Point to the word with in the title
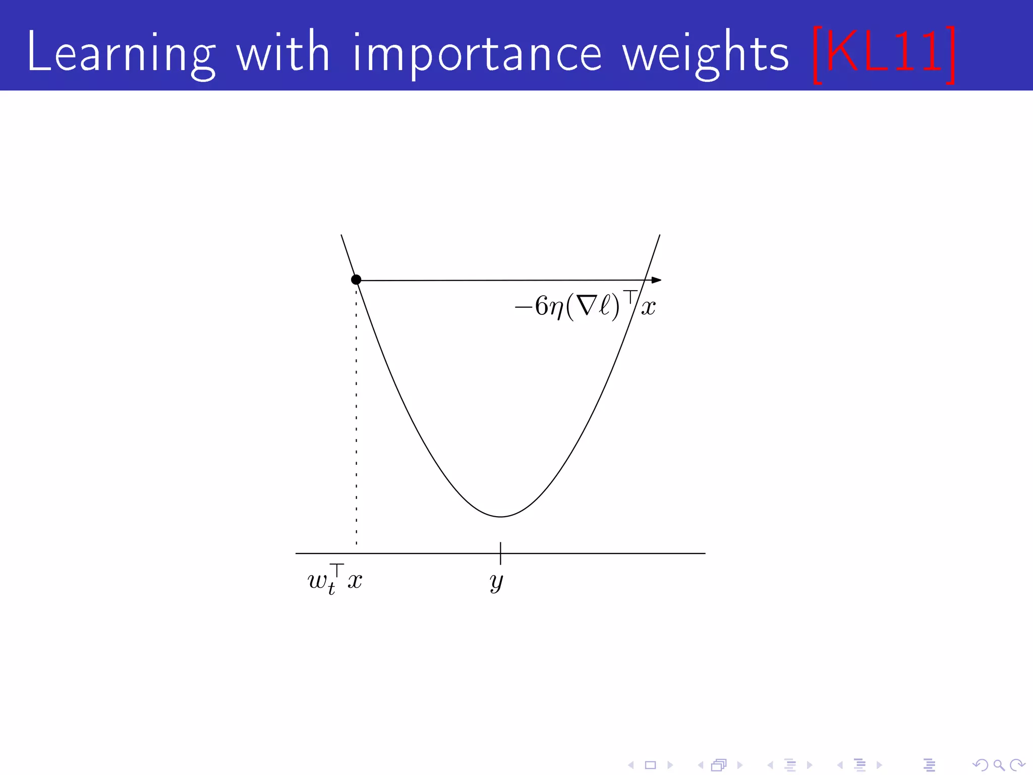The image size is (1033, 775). [283, 51]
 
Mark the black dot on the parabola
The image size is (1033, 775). [356, 280]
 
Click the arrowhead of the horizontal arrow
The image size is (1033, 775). [656, 280]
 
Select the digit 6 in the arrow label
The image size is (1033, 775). [541, 306]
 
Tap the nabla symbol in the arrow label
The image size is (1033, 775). [587, 306]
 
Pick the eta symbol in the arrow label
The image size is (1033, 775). [556, 308]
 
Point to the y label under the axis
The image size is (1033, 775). [496, 582]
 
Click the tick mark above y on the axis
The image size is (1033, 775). [500, 552]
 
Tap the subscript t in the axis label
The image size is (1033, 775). [331, 589]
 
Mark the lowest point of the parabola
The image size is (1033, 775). [500, 516]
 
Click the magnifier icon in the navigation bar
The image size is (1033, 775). [999, 765]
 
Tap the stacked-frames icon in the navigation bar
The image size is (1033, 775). [719, 765]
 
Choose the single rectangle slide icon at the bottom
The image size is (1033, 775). [650, 765]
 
